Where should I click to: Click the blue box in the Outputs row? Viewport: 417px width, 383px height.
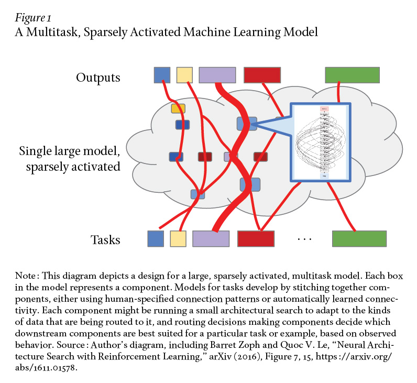point(162,75)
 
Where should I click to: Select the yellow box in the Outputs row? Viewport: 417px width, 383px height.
point(184,75)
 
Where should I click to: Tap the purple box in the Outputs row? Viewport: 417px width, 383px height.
point(217,75)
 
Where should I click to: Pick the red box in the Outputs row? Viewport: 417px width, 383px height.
point(262,75)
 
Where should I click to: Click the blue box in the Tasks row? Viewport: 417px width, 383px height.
point(156,238)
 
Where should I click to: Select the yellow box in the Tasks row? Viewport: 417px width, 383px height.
point(179,238)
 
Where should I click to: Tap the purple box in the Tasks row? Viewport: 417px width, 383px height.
point(211,238)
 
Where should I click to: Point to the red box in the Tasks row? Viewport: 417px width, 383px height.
point(256,238)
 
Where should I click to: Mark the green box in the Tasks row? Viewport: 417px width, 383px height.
point(359,238)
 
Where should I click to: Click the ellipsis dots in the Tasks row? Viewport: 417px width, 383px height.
point(304,239)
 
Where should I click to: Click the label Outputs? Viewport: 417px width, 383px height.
point(98,78)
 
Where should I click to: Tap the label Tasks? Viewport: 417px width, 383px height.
point(105,240)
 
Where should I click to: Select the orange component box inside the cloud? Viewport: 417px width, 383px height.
point(178,108)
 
